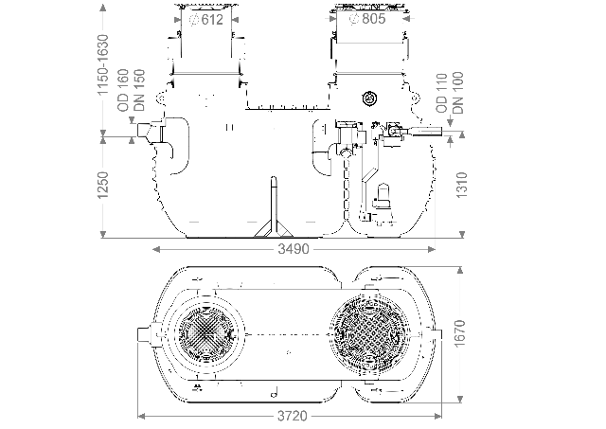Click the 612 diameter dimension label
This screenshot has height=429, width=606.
tap(206, 21)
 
